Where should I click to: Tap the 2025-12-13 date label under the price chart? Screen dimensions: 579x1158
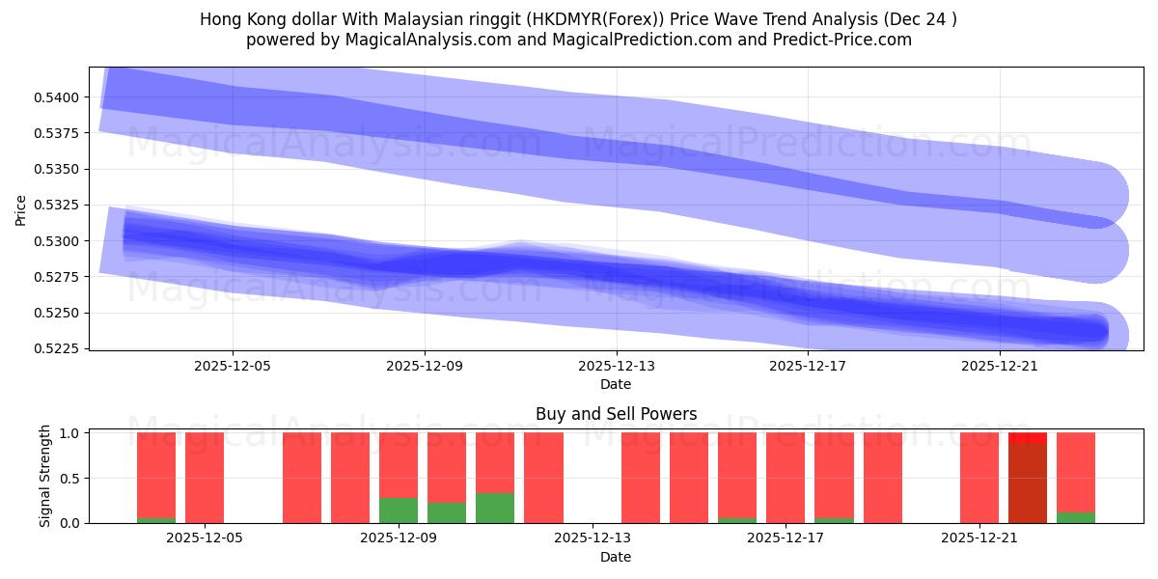coord(616,367)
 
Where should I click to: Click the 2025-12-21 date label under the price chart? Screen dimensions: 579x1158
coord(1000,367)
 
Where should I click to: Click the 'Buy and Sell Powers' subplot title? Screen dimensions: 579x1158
coord(616,414)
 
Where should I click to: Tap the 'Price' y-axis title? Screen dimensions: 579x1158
coord(21,208)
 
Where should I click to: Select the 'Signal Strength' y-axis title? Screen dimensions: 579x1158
coord(45,478)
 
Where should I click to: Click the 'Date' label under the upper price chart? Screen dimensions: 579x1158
coord(616,384)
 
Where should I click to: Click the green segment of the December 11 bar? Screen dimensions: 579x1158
coord(495,509)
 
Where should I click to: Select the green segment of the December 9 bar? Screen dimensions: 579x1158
coord(399,510)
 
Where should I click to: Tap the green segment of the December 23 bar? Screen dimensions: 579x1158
coord(1076,517)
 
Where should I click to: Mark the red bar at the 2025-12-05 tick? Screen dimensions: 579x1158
coord(205,478)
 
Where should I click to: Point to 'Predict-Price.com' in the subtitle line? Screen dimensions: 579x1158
coord(846,40)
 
